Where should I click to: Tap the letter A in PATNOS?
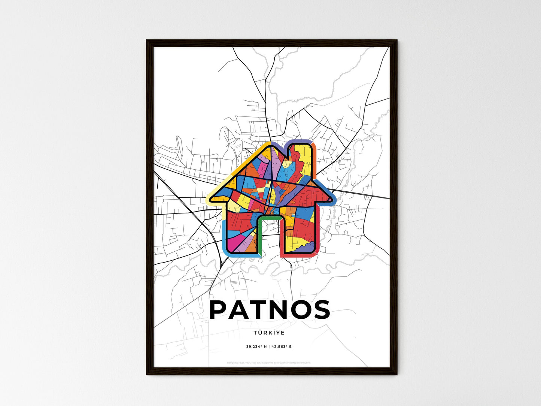[241, 310]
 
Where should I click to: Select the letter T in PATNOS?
[261, 310]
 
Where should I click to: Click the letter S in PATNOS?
[322, 310]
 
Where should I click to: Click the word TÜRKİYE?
[269, 333]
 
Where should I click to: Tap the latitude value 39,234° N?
[256, 346]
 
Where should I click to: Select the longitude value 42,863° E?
[281, 346]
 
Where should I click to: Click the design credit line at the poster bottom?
[269, 363]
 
